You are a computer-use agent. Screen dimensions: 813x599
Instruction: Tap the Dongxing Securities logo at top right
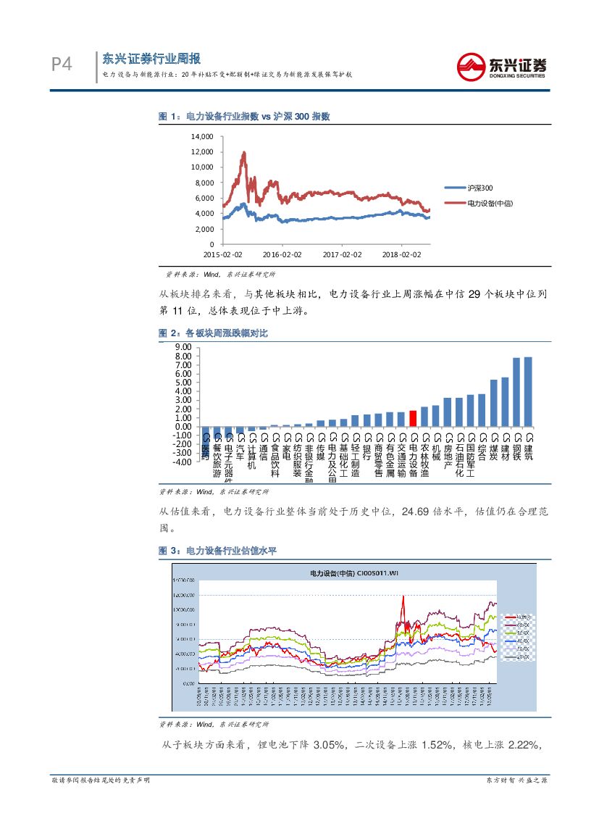[x=501, y=66]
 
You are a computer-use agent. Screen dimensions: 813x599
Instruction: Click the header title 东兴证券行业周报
[x=151, y=59]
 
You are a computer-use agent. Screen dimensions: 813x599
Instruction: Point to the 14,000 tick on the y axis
[x=202, y=136]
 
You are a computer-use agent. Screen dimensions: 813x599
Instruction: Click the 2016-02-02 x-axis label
[x=282, y=254]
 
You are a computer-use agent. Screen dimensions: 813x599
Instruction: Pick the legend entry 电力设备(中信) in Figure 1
[x=489, y=204]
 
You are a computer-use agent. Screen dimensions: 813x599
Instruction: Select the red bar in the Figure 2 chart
[x=413, y=419]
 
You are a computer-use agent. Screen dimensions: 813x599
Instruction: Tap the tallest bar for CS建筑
[x=528, y=391]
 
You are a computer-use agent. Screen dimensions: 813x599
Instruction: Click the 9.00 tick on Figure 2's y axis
[x=183, y=347]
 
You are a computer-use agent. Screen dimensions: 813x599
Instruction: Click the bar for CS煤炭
[x=494, y=403]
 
